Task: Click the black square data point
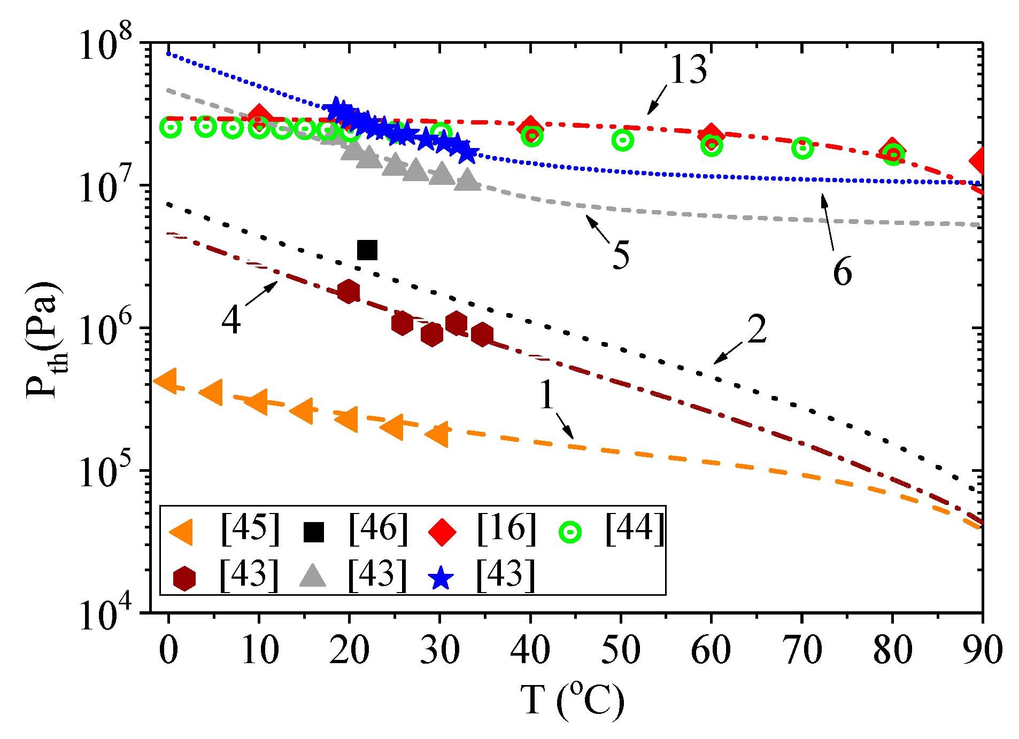367,250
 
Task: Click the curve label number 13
688,70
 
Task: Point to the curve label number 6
842,271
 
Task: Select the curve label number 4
230,321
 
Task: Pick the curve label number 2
756,330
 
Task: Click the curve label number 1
546,396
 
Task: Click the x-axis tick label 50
620,651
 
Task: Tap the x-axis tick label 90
982,651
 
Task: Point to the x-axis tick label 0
168,651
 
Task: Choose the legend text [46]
378,529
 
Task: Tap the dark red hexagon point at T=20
349,291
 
